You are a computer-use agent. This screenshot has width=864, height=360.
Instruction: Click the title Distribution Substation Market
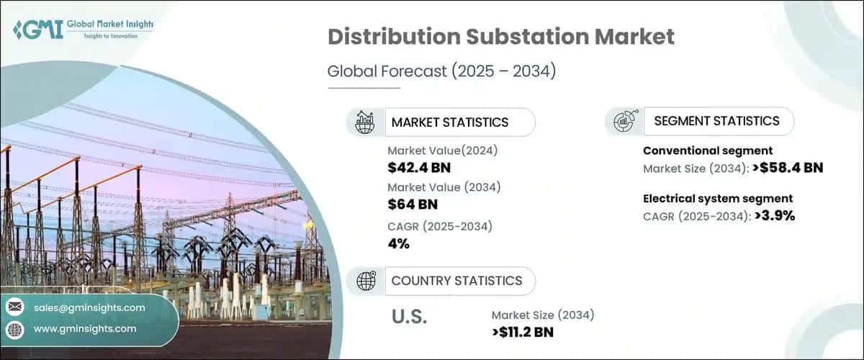(501, 37)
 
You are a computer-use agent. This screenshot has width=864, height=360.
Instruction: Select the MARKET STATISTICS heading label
(449, 122)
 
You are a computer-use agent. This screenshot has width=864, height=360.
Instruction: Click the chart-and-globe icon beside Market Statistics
(364, 122)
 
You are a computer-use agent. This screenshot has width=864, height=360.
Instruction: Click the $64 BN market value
(413, 205)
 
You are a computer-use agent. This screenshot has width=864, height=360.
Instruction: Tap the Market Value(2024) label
(442, 150)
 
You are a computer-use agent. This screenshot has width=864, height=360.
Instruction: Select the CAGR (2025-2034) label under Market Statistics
(439, 226)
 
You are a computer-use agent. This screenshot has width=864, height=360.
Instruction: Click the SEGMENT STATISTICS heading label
(716, 121)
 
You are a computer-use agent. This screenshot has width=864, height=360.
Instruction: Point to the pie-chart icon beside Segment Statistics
(623, 121)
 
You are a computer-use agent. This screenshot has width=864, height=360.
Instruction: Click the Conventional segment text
(708, 150)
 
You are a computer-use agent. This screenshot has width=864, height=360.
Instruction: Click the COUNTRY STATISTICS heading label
(456, 281)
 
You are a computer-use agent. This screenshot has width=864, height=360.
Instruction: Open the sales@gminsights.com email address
(89, 307)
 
